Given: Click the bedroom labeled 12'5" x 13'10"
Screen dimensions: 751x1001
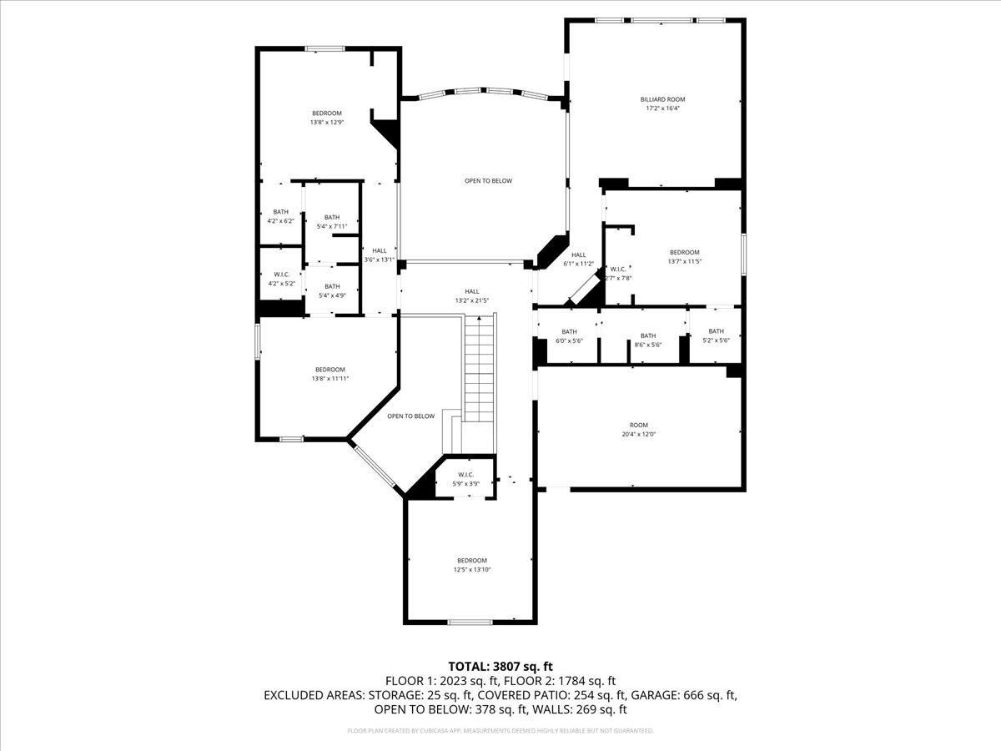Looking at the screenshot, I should pos(471,565).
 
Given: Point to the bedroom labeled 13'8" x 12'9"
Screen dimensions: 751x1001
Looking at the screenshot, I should pos(327,118).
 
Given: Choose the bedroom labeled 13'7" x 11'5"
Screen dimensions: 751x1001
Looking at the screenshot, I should pos(684,256).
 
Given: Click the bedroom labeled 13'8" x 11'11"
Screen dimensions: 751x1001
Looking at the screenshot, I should pos(329,374).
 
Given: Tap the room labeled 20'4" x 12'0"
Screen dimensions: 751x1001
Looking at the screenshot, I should pos(638,430).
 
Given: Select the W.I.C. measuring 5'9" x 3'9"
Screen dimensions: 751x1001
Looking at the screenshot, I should pos(465,479).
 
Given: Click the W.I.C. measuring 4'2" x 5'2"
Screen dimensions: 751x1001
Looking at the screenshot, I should pos(281,279).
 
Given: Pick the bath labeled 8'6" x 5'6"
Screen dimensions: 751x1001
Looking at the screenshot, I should pos(647,340).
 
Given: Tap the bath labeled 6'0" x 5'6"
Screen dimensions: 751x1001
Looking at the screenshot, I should pos(569,335).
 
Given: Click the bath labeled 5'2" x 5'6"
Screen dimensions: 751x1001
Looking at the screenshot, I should pos(716,335).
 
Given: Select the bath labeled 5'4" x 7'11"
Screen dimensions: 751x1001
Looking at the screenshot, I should pos(332,222).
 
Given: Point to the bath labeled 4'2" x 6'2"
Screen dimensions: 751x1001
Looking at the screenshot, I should pos(280,216).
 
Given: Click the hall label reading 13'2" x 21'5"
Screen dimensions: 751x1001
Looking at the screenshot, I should pos(471,295).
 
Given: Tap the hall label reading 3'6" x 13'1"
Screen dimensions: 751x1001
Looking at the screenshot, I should pos(380,255).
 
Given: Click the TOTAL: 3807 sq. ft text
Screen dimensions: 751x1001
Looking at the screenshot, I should pos(500,666).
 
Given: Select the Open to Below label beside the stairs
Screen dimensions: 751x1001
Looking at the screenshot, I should pos(410,416).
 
